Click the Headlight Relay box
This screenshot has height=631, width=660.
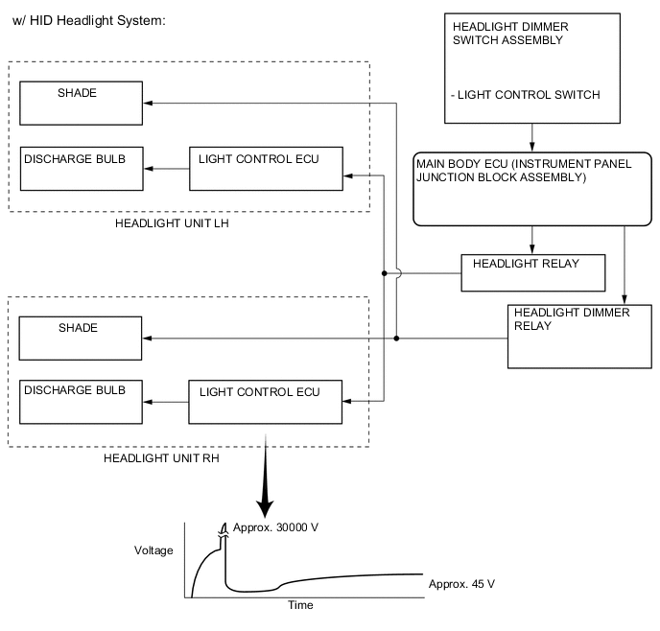pyautogui.click(x=533, y=272)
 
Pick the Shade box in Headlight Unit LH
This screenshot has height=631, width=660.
pyautogui.click(x=82, y=103)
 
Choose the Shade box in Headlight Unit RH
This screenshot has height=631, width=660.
pyautogui.click(x=82, y=339)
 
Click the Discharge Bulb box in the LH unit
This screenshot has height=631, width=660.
pyautogui.click(x=82, y=168)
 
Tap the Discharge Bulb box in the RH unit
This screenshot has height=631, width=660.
pyautogui.click(x=82, y=402)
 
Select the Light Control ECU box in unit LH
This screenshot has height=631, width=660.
pyautogui.click(x=265, y=168)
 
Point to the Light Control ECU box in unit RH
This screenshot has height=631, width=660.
pyautogui.click(x=266, y=402)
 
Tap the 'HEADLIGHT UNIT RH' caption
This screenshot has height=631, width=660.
pyautogui.click(x=162, y=458)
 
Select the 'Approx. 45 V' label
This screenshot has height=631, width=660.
pyautogui.click(x=461, y=583)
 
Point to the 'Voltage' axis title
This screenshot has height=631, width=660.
pyautogui.click(x=153, y=550)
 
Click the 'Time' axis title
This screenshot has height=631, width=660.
pyautogui.click(x=300, y=605)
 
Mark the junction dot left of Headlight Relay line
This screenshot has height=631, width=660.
pyautogui.click(x=384, y=273)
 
